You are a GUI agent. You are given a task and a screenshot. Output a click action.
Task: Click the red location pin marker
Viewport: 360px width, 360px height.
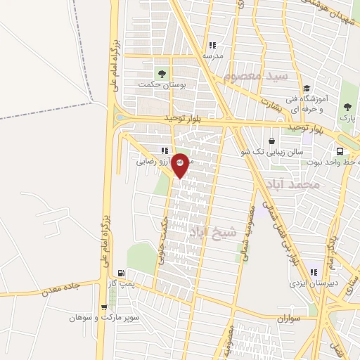[180, 164]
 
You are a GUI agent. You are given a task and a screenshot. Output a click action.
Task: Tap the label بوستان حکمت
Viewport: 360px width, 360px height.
[162, 84]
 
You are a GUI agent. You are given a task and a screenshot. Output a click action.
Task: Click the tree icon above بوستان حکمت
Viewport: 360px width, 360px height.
[162, 72]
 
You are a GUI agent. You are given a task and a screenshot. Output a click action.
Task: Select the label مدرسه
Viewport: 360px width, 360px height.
[212, 55]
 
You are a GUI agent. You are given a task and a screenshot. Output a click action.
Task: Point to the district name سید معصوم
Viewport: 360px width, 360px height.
[252, 75]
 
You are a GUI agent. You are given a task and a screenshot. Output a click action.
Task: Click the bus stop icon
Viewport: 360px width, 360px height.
[341, 152]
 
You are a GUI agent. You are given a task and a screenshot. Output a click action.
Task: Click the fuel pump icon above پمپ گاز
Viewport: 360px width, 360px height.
[122, 273]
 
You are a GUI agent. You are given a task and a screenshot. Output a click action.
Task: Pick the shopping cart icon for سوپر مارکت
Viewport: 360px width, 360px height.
[105, 307]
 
